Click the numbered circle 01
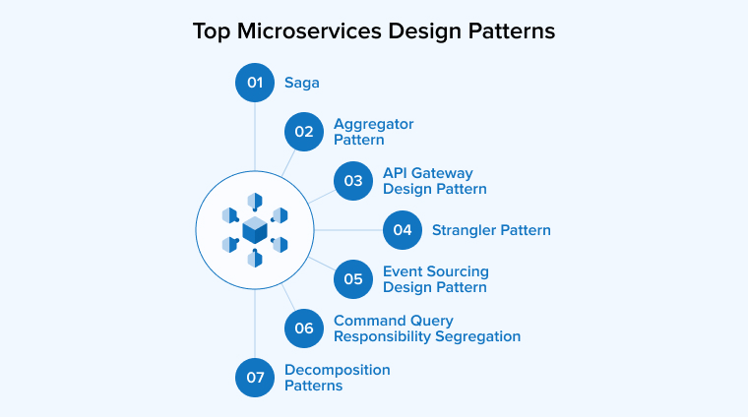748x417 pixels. point(255,83)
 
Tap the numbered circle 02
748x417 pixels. point(304,132)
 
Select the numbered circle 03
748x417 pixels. point(353,181)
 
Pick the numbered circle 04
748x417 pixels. point(403,230)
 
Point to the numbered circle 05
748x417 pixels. point(353,279)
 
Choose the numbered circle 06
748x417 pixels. point(304,328)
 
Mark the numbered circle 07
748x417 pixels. point(255,378)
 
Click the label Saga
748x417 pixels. point(303,83)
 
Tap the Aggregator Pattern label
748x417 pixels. point(373,132)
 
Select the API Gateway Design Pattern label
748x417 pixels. point(434,181)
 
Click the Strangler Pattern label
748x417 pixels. point(491,230)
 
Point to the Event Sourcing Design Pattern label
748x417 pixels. point(435,279)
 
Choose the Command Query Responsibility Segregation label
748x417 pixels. point(426,328)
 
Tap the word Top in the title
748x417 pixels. point(210,30)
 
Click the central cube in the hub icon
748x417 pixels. point(255,230)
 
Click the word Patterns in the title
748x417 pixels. point(514,30)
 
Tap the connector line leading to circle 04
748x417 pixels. point(348,230)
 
